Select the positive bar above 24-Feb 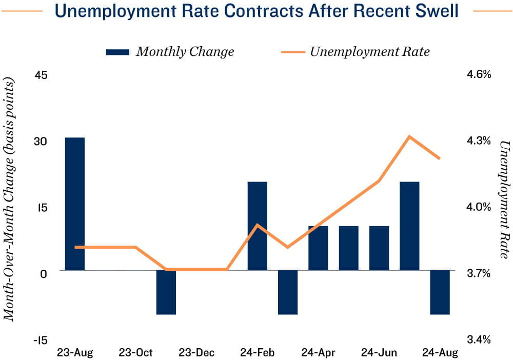tap(258, 226)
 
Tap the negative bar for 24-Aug tap(440, 292)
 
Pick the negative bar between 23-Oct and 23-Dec tap(166, 292)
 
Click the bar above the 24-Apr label tap(318, 248)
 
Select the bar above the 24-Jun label tap(379, 248)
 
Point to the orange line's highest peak tap(409, 136)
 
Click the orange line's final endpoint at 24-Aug tap(440, 158)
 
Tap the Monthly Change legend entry tap(170, 52)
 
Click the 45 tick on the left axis tap(41, 75)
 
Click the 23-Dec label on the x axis tap(196, 353)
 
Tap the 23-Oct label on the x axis tap(136, 353)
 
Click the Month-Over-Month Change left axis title tap(9, 200)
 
